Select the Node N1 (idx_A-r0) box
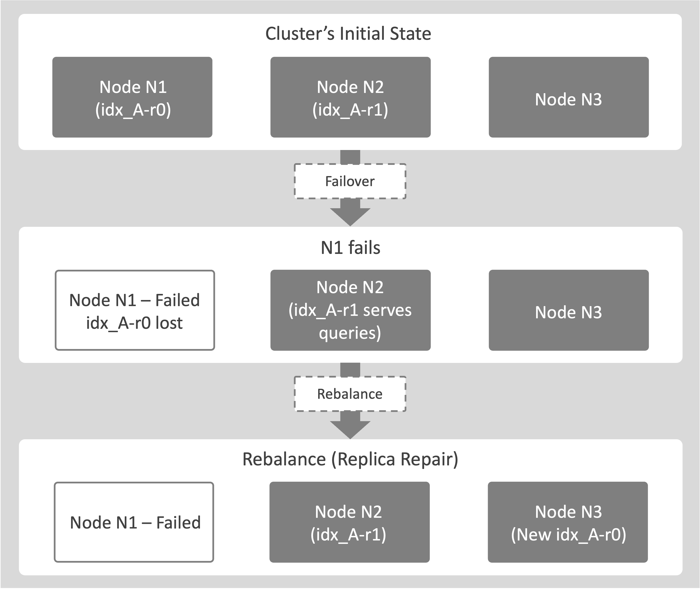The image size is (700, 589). point(132,97)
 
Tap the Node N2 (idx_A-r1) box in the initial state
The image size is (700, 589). point(350,97)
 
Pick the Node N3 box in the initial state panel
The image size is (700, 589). point(568,97)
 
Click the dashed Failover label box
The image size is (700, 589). point(350,181)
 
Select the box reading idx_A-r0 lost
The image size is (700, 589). point(135,310)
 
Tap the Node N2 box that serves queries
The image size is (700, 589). point(350,310)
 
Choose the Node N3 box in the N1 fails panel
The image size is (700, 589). point(568,310)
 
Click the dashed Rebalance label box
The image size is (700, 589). point(350,394)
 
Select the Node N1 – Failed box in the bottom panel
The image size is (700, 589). point(134,522)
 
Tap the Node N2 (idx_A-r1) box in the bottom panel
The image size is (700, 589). point(349,522)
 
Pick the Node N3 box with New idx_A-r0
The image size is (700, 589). point(568,522)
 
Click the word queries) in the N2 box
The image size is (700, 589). point(350,333)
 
